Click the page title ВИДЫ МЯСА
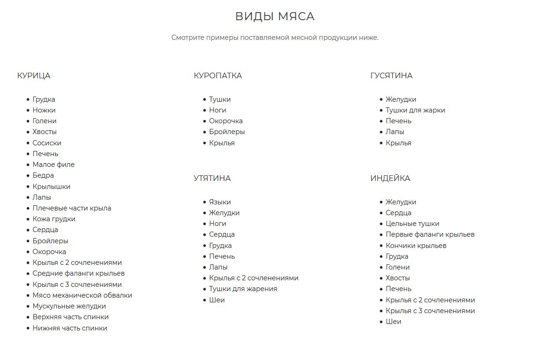point(275,17)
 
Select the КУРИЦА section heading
point(34,75)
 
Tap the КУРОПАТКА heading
point(218,75)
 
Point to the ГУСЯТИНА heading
point(391,75)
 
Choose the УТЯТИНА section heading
point(212,178)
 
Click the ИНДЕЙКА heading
point(390,178)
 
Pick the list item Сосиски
point(47,143)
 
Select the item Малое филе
point(53,165)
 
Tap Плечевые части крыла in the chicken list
point(72,208)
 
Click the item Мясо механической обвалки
point(82,295)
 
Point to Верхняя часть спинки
point(70,317)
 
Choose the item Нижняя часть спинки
point(70,328)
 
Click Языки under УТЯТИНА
point(220,202)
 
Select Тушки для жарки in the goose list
point(415,110)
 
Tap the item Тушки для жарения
point(243,289)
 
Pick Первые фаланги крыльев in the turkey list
point(430,234)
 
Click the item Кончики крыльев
point(416,246)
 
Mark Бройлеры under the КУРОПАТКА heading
point(227,132)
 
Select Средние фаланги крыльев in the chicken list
point(78,273)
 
